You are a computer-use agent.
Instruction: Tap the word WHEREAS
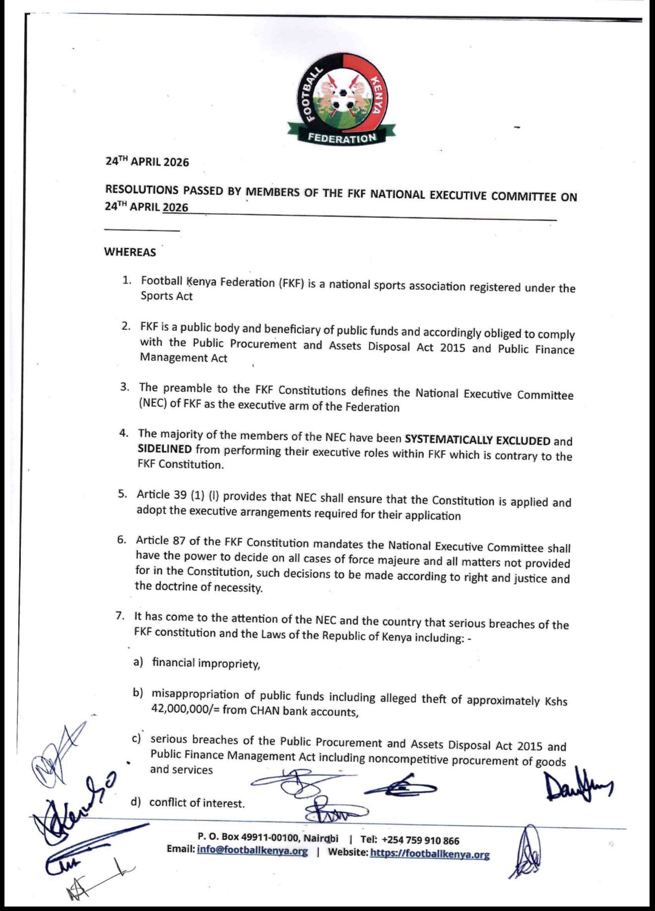click(x=130, y=252)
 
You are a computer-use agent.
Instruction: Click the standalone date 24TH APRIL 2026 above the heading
click(x=147, y=162)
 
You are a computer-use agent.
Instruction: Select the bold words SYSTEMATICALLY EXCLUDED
click(x=477, y=440)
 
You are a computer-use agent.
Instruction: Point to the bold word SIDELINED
click(x=164, y=449)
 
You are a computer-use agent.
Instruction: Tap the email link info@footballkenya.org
click(x=252, y=851)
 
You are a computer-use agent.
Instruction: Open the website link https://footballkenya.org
click(x=430, y=854)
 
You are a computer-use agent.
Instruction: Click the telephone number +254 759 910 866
click(x=420, y=841)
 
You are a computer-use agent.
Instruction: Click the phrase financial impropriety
click(x=205, y=664)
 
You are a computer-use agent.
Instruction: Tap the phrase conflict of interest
click(x=196, y=803)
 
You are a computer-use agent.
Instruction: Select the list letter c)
click(x=136, y=739)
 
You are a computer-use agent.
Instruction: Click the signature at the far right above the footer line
click(x=578, y=788)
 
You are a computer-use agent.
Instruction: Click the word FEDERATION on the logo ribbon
click(x=341, y=138)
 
